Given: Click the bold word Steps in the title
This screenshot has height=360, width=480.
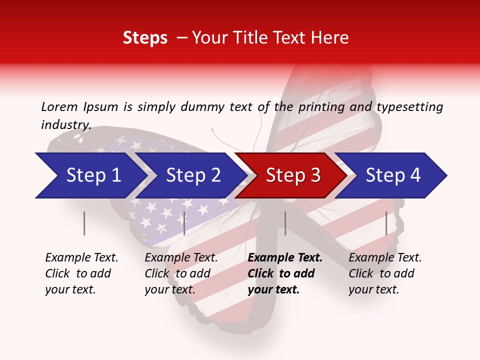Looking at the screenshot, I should (145, 38).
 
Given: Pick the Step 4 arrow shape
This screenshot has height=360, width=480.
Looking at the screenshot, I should (393, 175).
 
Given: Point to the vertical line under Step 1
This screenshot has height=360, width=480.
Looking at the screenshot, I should (84, 223).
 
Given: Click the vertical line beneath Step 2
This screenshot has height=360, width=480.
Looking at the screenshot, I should (184, 223).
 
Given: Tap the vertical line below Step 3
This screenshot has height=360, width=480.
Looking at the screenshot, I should (285, 223).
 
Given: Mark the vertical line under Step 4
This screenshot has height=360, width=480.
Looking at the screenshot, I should (386, 223).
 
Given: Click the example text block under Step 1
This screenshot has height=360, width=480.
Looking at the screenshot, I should (81, 273).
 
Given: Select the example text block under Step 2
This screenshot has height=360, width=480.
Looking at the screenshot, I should (181, 273).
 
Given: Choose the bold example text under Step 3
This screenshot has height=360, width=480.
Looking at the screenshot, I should (285, 273).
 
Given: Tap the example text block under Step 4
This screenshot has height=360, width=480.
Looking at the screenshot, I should (385, 273).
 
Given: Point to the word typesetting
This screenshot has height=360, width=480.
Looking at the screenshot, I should (409, 106).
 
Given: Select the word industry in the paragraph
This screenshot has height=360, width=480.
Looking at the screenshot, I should (65, 125).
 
